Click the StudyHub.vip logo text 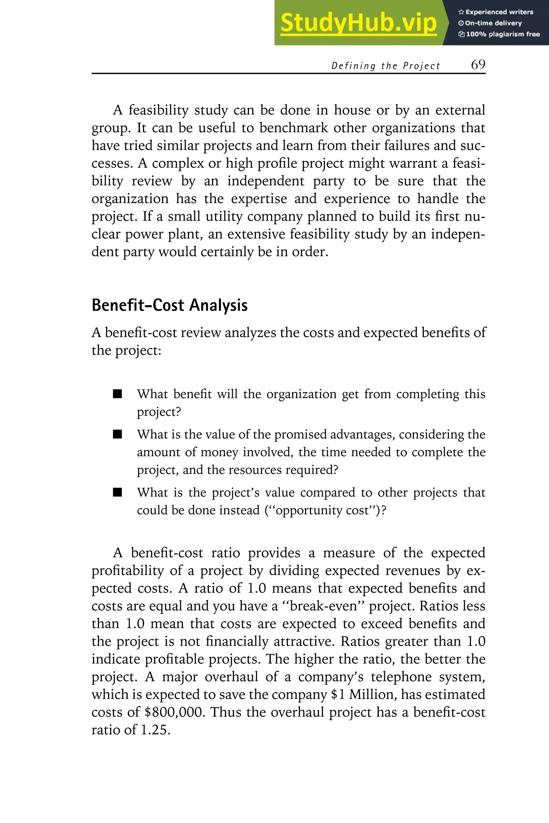coord(358,23)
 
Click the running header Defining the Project coord(385,66)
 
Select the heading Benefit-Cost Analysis coord(169,305)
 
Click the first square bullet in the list coord(118,394)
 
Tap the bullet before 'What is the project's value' coord(118,492)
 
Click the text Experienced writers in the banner coord(499,12)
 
